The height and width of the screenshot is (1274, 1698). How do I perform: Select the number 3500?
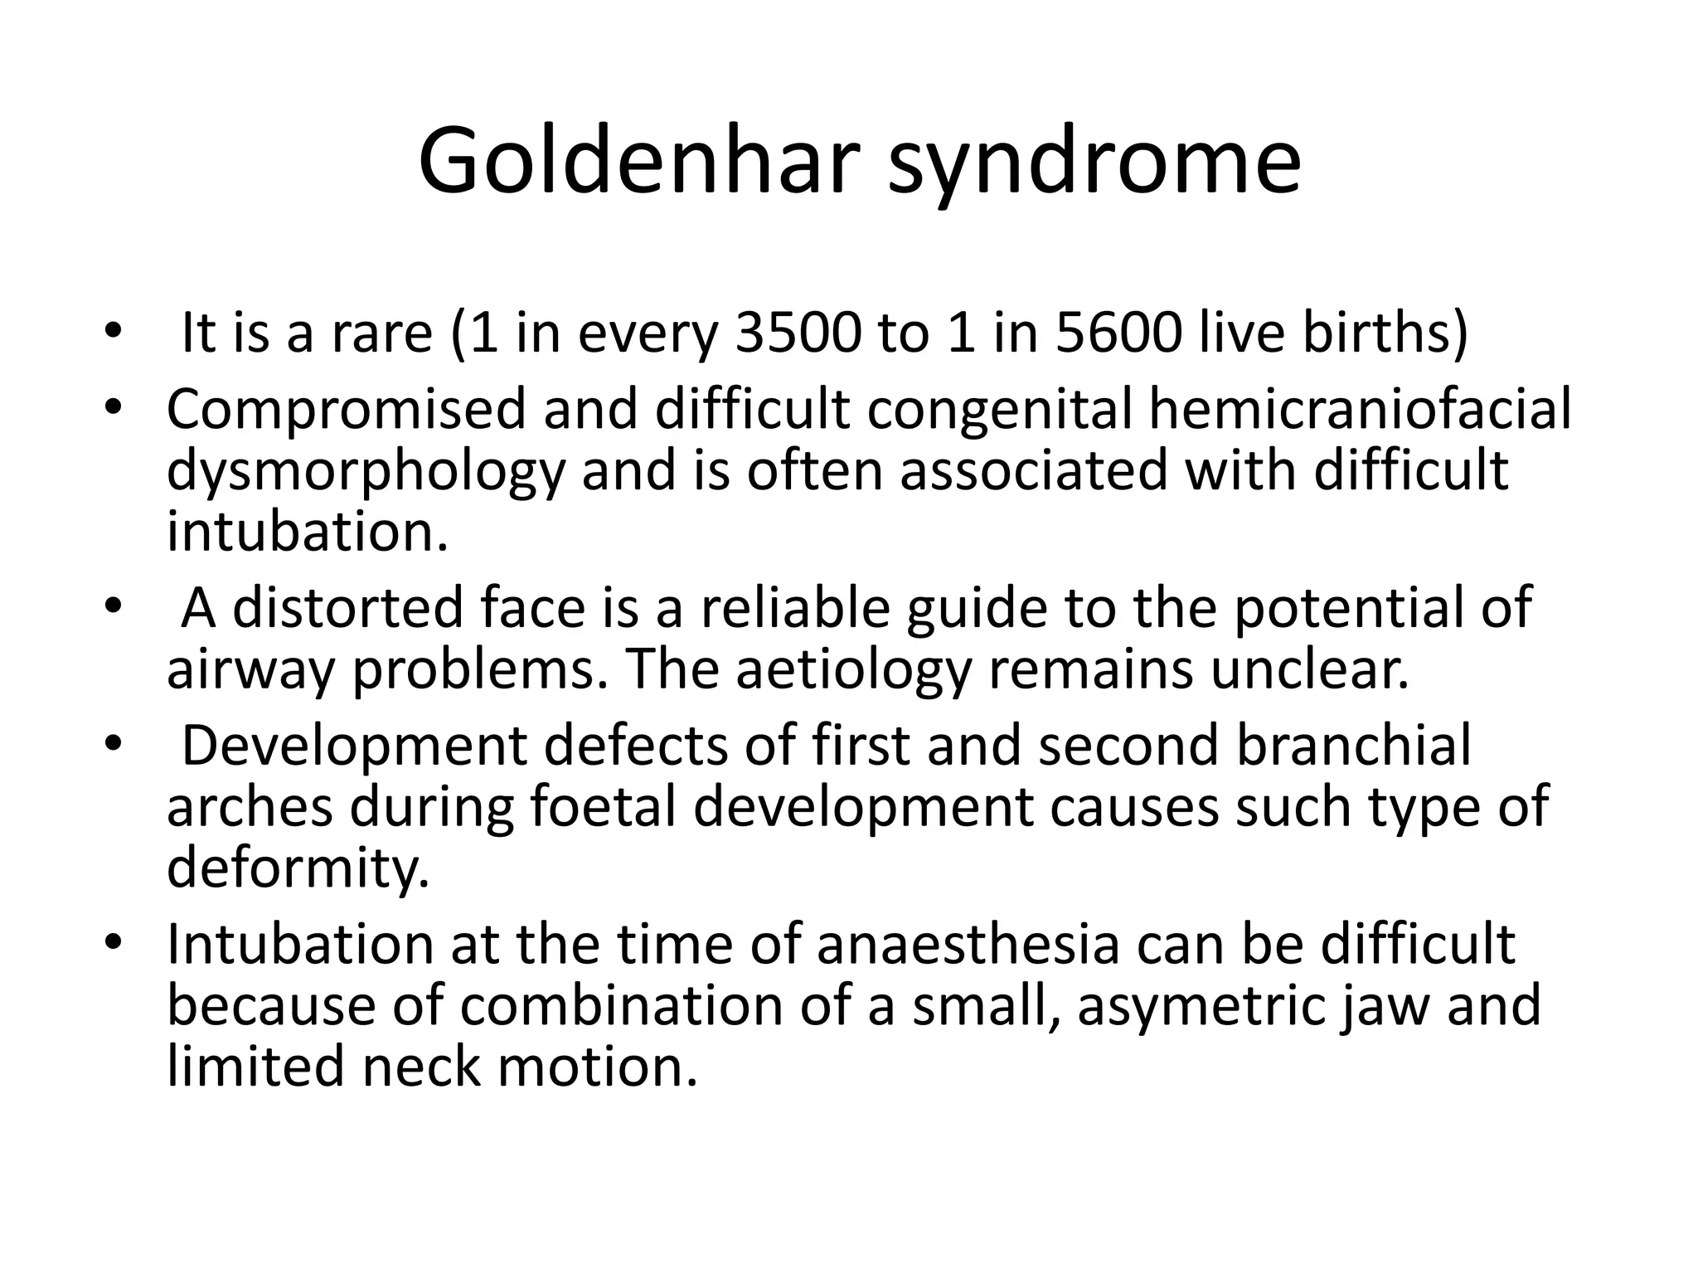[798, 332]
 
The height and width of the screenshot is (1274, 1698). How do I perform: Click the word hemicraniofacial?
[1360, 409]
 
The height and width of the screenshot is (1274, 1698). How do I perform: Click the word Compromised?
[347, 411]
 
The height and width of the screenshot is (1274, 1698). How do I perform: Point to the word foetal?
[603, 806]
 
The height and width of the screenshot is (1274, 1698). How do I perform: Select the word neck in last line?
[420, 1067]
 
